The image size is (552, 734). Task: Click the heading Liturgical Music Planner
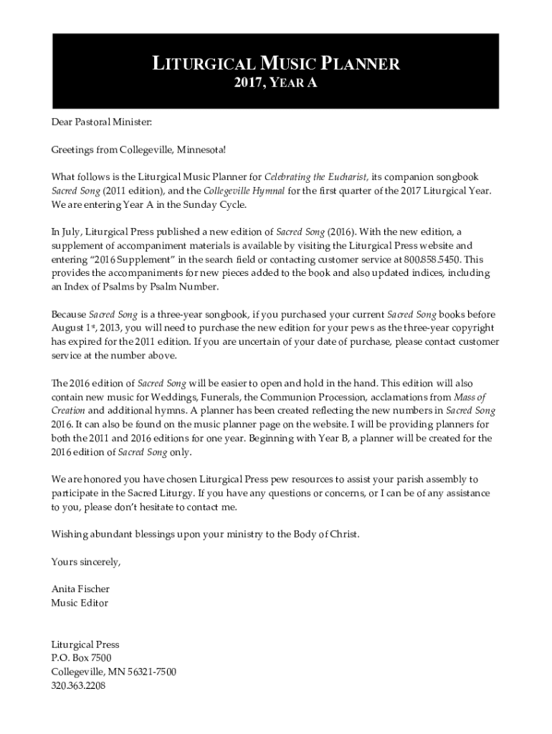pos(275,65)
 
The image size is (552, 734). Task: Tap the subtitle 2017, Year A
pos(275,84)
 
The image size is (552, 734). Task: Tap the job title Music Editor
pos(80,603)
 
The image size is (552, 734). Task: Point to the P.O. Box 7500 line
pos(81,657)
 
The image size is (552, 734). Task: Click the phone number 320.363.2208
pos(78,685)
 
